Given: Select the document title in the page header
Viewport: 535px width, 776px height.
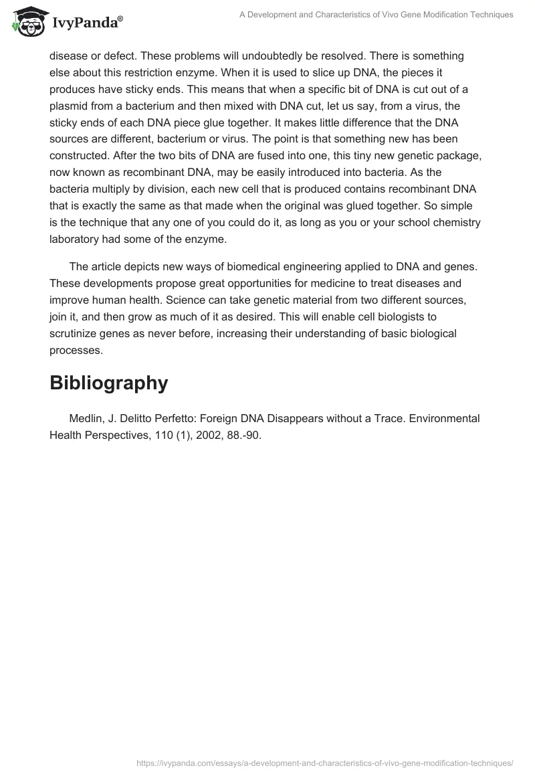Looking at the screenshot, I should point(376,15).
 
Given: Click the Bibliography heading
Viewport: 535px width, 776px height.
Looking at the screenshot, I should point(108,383).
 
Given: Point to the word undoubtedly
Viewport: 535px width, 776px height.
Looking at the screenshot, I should point(229,56).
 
